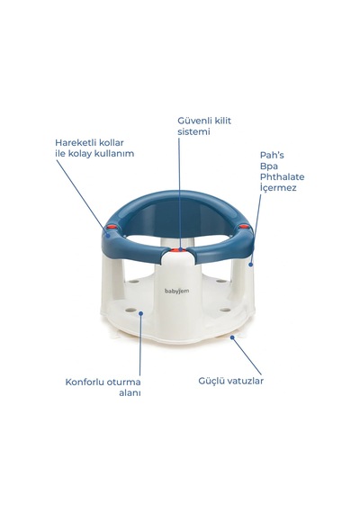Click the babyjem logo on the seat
coord(176,291)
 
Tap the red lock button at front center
coord(178,250)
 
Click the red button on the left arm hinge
coord(112,227)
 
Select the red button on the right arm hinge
coord(244,227)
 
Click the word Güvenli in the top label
coord(194,121)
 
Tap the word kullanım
coord(114,154)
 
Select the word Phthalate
coord(282,177)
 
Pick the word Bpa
coord(269,166)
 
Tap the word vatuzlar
coord(246,382)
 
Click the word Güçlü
coord(211,382)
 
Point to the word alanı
coord(130,393)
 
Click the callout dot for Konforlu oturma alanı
coord(141,313)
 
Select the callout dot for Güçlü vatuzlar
coord(232,337)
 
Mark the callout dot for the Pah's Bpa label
coord(251,265)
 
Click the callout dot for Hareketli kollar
coord(108,234)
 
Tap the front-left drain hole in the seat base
coord(130,310)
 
